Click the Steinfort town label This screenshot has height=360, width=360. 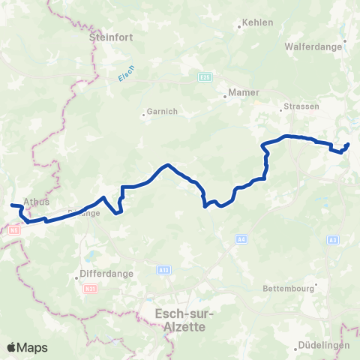[x=104, y=35]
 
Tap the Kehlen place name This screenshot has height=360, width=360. [x=253, y=24]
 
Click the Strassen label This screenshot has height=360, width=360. [x=302, y=106]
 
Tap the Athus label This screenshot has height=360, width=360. [x=36, y=202]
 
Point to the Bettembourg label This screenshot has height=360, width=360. [x=290, y=288]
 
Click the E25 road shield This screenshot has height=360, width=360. [x=205, y=76]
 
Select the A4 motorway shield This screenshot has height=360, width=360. [x=241, y=239]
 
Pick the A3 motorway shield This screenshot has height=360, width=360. [x=332, y=239]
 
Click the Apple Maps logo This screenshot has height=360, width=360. [x=27, y=348]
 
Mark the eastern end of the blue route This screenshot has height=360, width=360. [x=348, y=144]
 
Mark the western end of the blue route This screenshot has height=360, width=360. [x=10, y=205]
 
